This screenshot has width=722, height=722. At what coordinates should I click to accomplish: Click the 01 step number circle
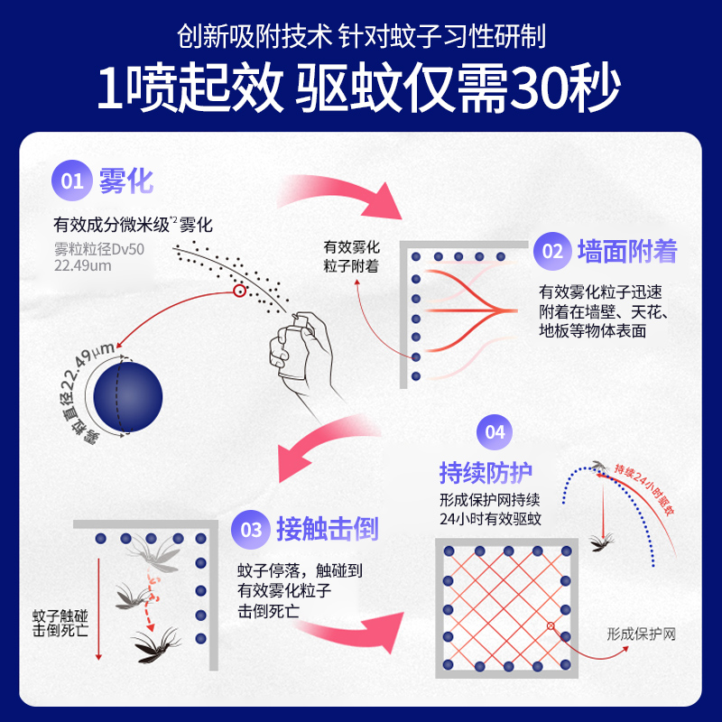(72, 180)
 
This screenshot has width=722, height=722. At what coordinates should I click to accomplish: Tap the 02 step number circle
(552, 251)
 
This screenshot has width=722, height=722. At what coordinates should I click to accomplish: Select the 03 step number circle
(251, 530)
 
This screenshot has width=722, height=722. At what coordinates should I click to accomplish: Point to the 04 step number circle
(495, 432)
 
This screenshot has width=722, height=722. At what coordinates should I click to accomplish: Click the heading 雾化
(126, 181)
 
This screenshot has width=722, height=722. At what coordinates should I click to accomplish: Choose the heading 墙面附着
(627, 251)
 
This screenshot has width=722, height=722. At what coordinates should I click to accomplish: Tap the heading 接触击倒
(328, 529)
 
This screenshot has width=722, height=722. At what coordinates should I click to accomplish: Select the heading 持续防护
(486, 472)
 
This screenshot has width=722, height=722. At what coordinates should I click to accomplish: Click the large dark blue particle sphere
(128, 397)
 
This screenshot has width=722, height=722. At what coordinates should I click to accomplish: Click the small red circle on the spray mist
(239, 291)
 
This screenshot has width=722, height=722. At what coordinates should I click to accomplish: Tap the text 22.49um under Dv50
(83, 265)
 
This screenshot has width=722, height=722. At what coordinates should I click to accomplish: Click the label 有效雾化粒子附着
(351, 256)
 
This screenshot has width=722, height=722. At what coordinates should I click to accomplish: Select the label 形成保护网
(641, 634)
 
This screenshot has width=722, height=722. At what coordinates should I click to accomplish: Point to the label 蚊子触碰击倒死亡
(60, 623)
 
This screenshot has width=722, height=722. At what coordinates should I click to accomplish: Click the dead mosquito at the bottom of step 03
(155, 644)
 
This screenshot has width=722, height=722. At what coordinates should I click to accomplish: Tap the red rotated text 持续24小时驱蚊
(644, 490)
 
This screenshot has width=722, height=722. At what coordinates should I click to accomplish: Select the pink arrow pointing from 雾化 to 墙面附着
(341, 193)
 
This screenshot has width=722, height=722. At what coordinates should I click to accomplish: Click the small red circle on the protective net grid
(551, 625)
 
